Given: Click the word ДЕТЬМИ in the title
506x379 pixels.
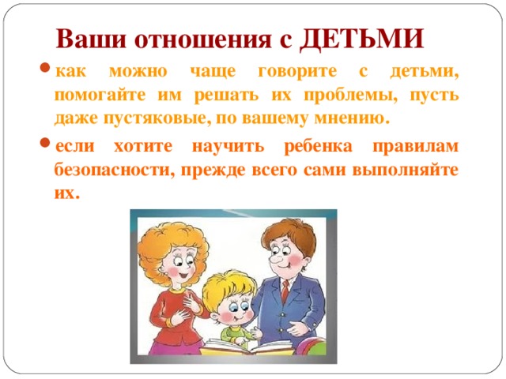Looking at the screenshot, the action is (x=362, y=39).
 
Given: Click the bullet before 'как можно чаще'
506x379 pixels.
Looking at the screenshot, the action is (x=45, y=68).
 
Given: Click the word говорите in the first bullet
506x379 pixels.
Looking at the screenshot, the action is (x=297, y=72).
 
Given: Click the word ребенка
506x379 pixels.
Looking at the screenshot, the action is (x=318, y=147).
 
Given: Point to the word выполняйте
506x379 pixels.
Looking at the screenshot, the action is (x=406, y=170).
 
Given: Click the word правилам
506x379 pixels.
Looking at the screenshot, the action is (x=416, y=147).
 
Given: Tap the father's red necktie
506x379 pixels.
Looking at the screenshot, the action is (x=285, y=291).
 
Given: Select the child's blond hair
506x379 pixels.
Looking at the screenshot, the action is (x=230, y=287).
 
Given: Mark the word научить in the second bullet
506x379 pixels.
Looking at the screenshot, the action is (x=228, y=147).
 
